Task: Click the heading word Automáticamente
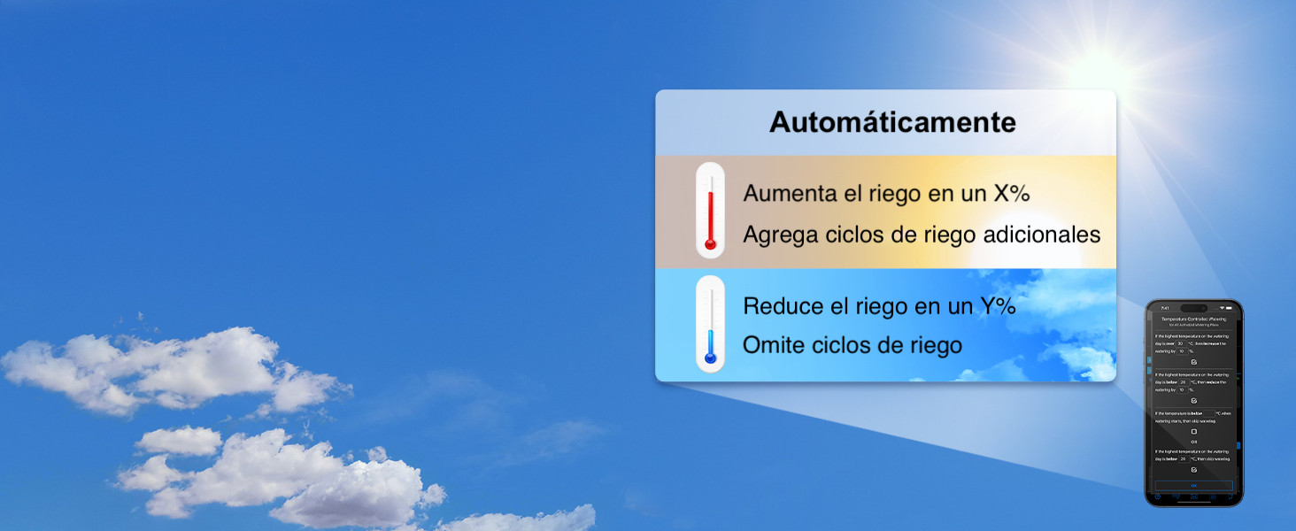pyautogui.click(x=892, y=122)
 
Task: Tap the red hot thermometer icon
pyautogui.click(x=710, y=210)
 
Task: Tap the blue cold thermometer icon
pyautogui.click(x=710, y=324)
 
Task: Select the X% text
pyautogui.click(x=1012, y=193)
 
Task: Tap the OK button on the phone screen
pyautogui.click(x=1193, y=486)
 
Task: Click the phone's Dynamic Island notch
pyautogui.click(x=1193, y=308)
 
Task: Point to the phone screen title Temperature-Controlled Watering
pyautogui.click(x=1193, y=319)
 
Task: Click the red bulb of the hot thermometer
pyautogui.click(x=710, y=244)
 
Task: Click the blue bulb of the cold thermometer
pyautogui.click(x=710, y=358)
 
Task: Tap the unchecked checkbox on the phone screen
pyautogui.click(x=1193, y=431)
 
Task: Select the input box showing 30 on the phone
pyautogui.click(x=1180, y=343)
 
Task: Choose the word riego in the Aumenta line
pyautogui.click(x=902, y=193)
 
